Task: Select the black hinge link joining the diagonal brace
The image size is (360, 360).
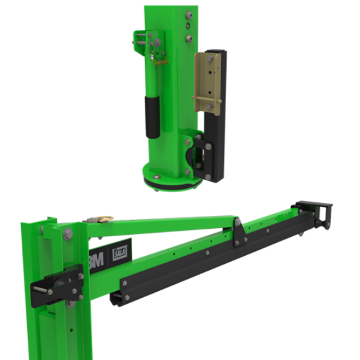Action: (x=238, y=231)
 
